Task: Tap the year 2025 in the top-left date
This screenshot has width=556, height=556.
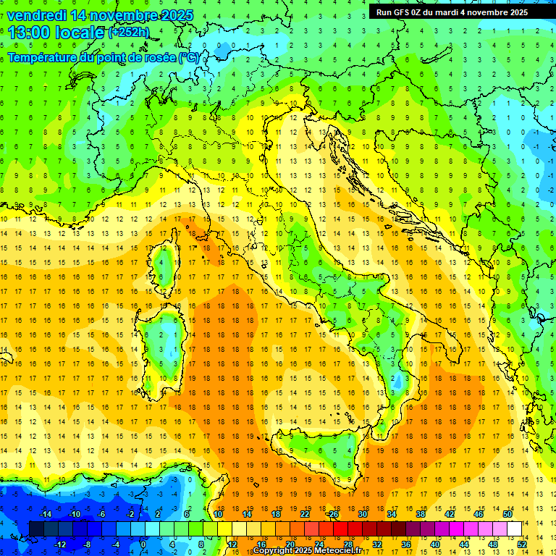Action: pos(172,15)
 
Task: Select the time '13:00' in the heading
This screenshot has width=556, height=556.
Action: pos(28,32)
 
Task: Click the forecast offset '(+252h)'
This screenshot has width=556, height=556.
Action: pos(128,32)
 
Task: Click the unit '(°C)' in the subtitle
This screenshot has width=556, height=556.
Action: pos(188,57)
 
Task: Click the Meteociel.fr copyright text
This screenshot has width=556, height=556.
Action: pos(307,551)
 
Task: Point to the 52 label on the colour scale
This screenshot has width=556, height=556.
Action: pos(521,544)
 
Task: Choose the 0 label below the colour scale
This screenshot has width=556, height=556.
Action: pos(143,544)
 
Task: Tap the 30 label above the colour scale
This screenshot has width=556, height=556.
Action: pos(363,514)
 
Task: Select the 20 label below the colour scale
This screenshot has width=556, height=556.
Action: pos(289,544)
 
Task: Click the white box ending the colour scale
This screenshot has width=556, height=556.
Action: pos(514,529)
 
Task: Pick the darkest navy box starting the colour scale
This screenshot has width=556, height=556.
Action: pos(36,529)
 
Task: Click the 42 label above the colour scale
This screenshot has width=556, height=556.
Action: pos(450,514)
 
